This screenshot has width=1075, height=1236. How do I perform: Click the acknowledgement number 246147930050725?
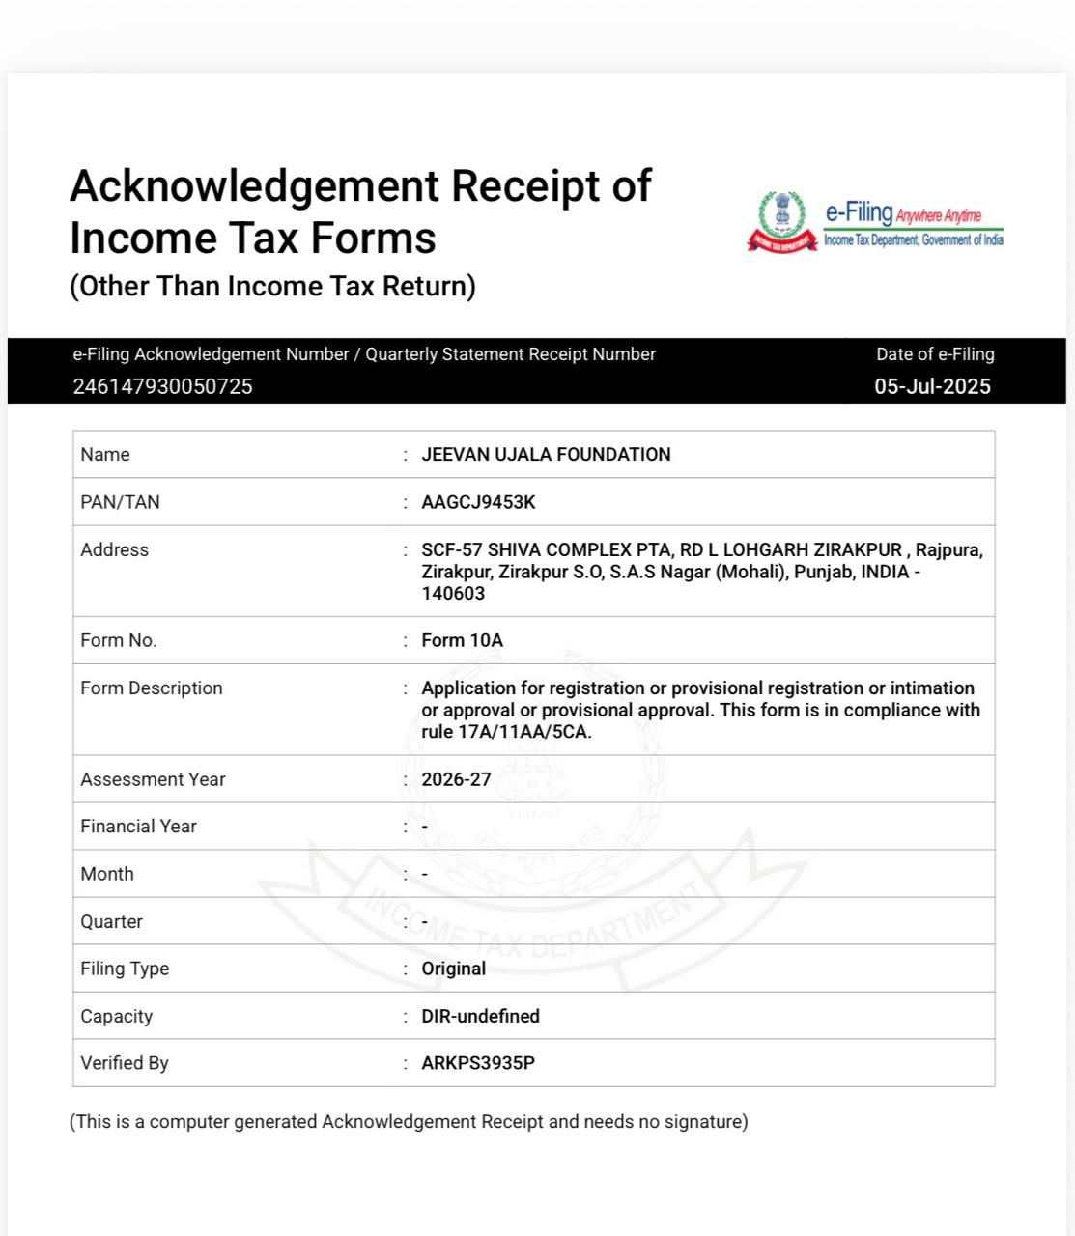162,386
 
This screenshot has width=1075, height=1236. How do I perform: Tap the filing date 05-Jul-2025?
932,386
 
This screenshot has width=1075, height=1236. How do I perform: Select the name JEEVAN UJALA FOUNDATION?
546,454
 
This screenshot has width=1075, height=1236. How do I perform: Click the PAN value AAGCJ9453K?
478,502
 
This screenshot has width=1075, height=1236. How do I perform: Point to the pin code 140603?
453,593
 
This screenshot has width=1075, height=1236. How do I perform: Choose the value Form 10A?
462,640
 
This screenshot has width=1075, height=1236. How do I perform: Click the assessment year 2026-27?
456,779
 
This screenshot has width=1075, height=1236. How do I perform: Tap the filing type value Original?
453,969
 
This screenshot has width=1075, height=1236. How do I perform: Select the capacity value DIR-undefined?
480,1016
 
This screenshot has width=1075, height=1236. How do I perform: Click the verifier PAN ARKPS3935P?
478,1063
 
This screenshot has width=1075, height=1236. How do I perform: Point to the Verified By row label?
125,1063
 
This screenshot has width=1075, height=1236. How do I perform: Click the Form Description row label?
152,688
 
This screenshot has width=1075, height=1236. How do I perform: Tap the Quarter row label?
111,921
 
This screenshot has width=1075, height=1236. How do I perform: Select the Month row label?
107,874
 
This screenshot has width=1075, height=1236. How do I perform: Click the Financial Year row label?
138,827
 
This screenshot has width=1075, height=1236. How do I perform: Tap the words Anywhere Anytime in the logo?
938,215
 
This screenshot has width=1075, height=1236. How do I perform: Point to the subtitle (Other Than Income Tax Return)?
272,286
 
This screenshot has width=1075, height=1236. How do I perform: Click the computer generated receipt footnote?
409,1121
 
